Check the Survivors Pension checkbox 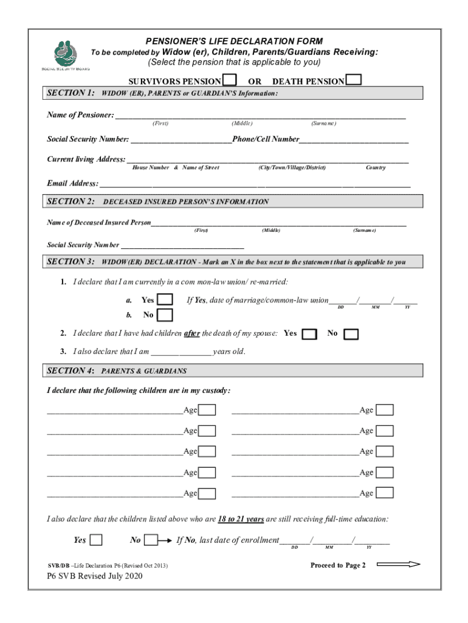(230, 80)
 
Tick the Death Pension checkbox (353, 80)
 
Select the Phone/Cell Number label (266, 139)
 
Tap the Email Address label (72, 184)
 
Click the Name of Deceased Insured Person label (99, 223)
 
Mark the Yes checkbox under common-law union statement (165, 300)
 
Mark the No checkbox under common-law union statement (165, 315)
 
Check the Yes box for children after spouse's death (309, 334)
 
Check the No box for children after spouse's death (351, 334)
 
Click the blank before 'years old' (181, 352)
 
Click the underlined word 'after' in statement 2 (192, 333)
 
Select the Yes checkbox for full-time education (95, 540)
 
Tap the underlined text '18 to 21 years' (241, 519)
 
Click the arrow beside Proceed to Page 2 (398, 565)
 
